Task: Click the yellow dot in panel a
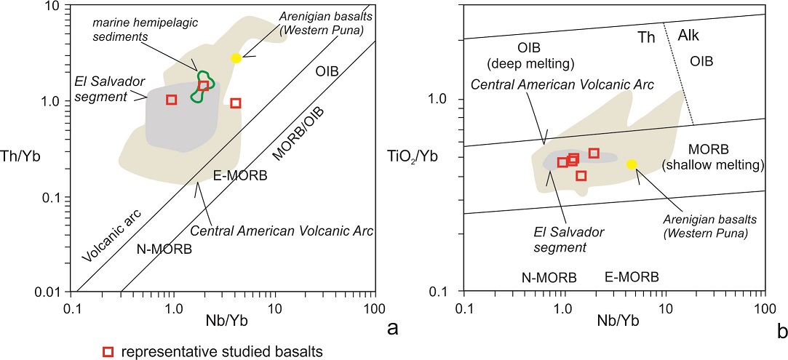tap(236, 58)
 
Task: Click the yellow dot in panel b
tap(632, 164)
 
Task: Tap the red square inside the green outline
tap(204, 86)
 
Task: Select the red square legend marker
tap(108, 351)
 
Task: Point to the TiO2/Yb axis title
tap(422, 154)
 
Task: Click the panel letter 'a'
tap(394, 329)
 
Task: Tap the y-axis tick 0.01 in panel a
tap(50, 292)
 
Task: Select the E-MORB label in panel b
tap(632, 277)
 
